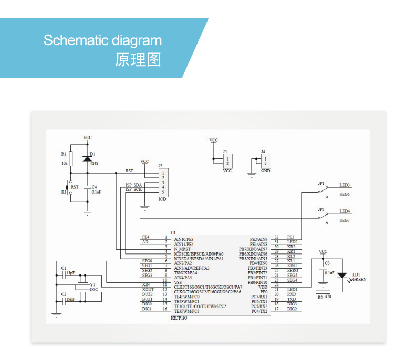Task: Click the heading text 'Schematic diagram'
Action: coord(102,40)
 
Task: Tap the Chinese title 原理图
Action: coord(138,59)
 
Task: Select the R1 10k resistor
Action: coord(71,158)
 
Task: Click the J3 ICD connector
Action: coord(164,182)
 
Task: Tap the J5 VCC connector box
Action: coord(227,160)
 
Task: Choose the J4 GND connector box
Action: coord(266,160)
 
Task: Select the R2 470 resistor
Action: coord(322,292)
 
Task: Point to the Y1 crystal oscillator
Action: coord(82,286)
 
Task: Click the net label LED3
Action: coord(345,185)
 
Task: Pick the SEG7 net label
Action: coord(345,220)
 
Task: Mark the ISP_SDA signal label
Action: coord(134,185)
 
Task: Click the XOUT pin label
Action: coord(147,289)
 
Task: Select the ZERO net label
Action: coord(292,270)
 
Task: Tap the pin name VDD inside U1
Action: coord(263,287)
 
